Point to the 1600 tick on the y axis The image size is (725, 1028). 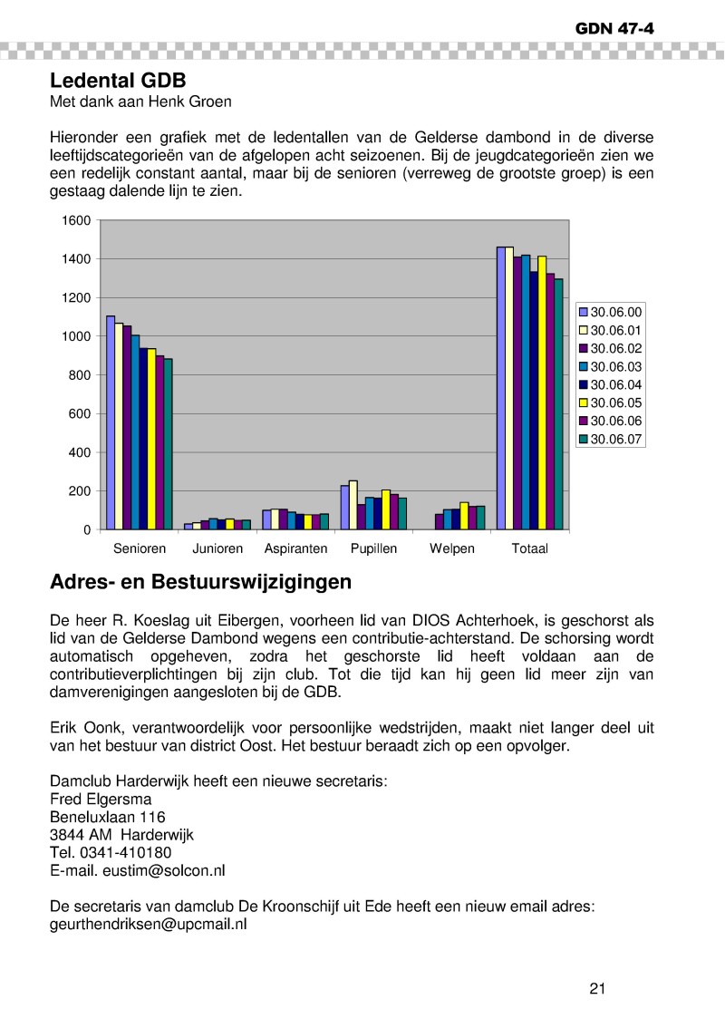click(76, 220)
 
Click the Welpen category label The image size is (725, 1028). click(452, 549)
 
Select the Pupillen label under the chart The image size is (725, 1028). click(373, 549)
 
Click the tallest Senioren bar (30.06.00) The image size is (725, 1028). click(111, 422)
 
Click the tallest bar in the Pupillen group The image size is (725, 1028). click(353, 504)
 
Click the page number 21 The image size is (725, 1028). click(596, 988)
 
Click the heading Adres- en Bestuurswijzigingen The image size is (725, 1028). click(200, 582)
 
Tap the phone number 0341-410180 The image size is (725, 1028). click(125, 852)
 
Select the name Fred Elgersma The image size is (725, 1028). click(101, 800)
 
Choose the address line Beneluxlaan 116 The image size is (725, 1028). click(107, 817)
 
